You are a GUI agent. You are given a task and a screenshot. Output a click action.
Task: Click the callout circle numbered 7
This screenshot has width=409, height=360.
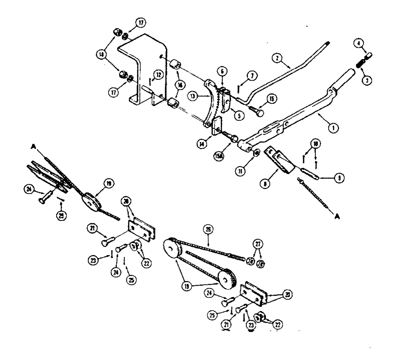click(251, 76)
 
